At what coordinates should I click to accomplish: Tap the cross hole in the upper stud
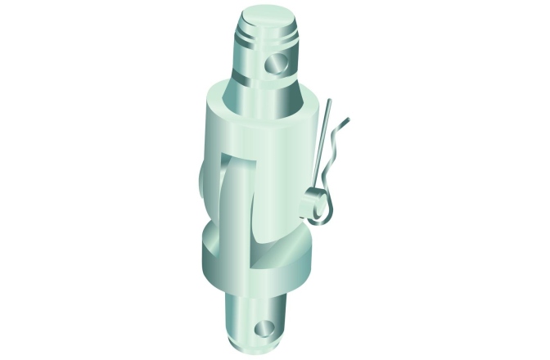click(x=277, y=63)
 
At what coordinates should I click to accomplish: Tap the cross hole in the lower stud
click(x=264, y=329)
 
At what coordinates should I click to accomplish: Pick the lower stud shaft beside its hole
click(x=241, y=319)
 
